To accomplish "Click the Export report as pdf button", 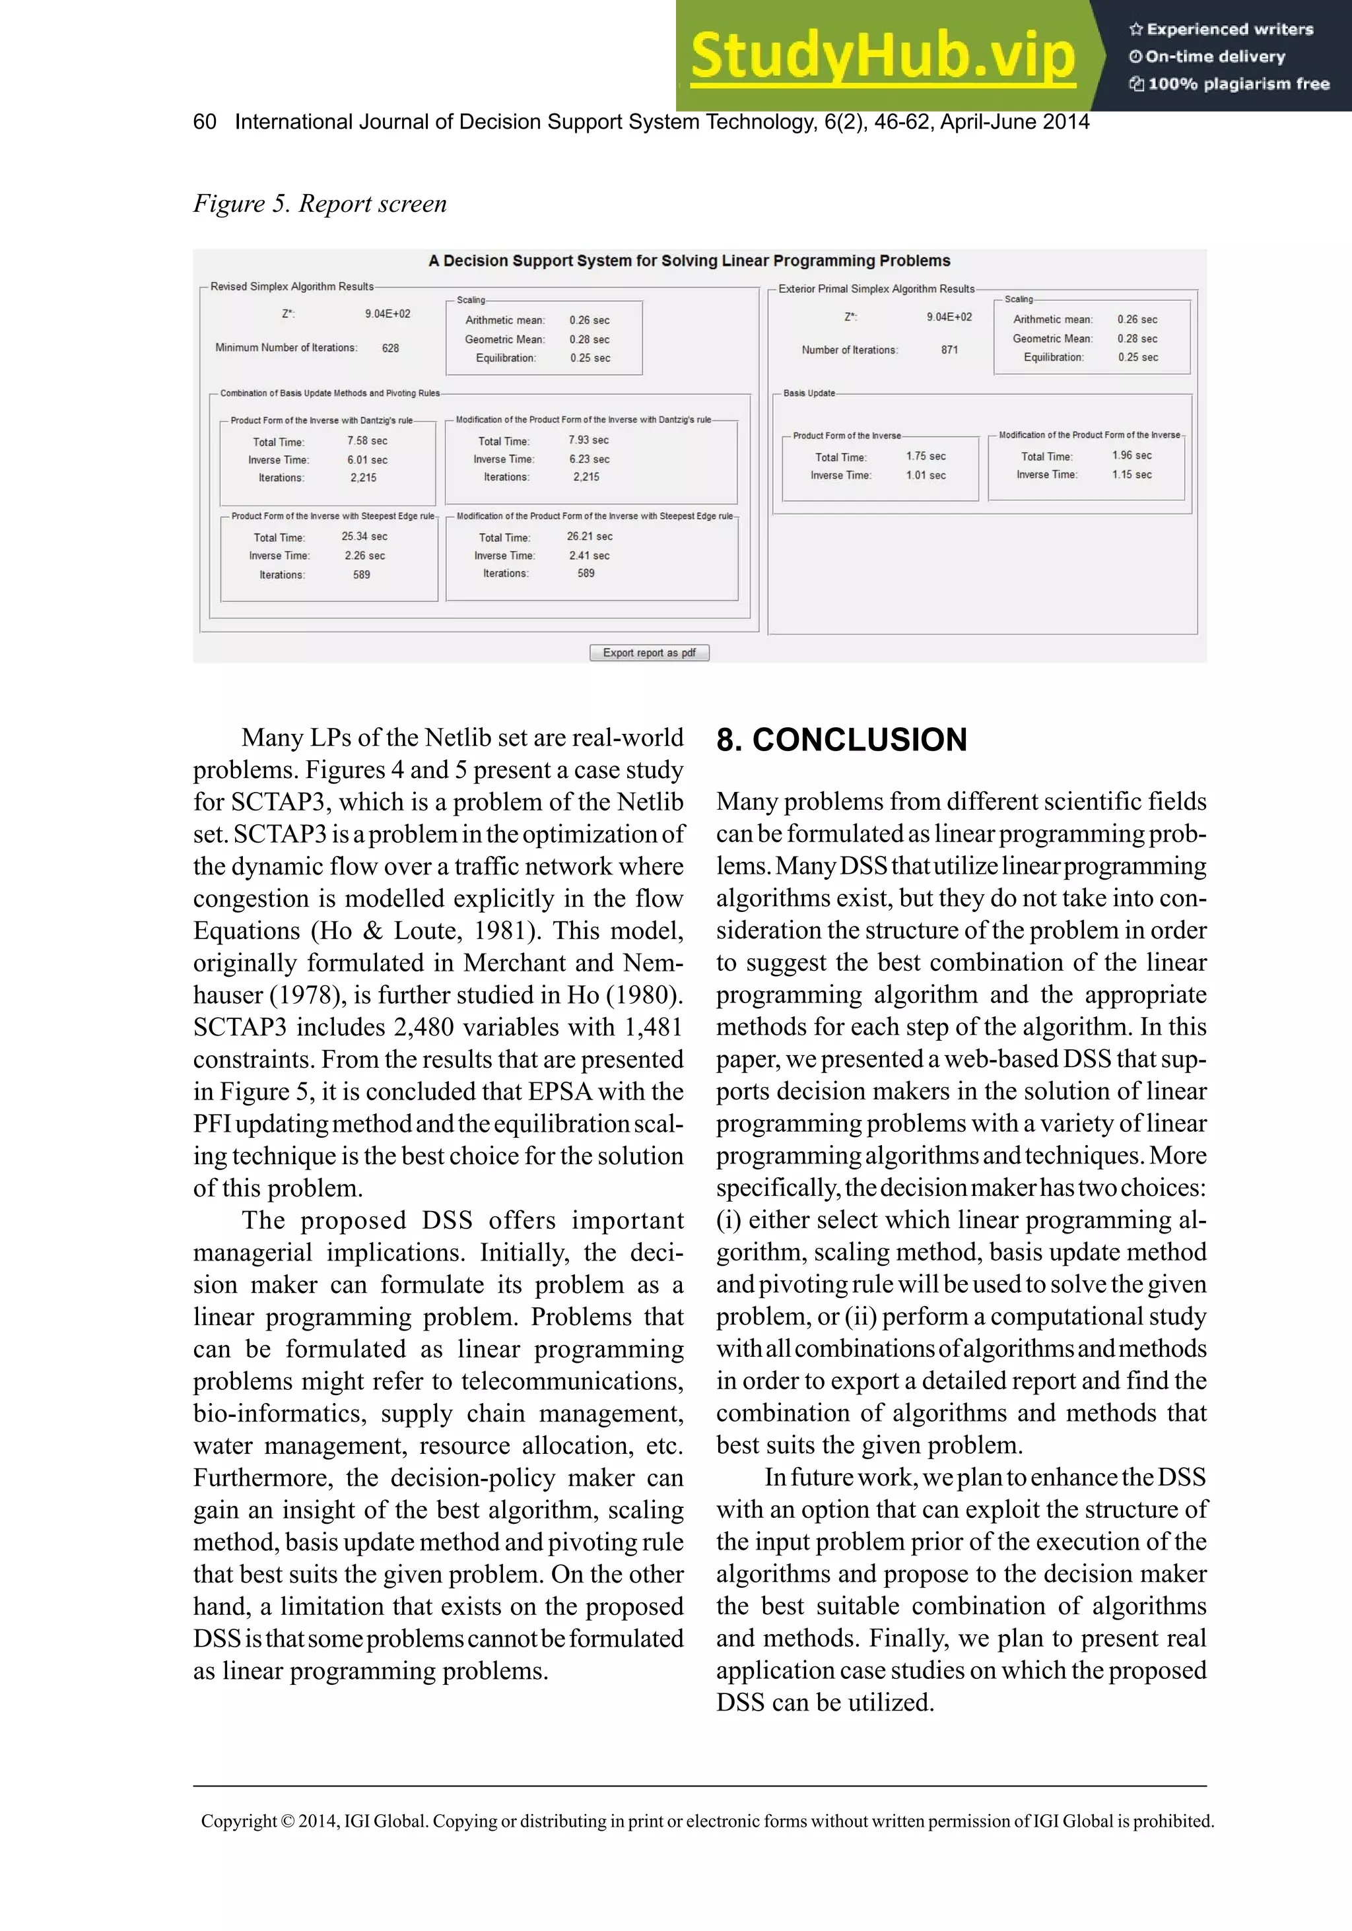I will click(x=649, y=653).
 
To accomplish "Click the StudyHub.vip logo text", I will click(x=883, y=55).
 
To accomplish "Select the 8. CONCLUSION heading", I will click(x=841, y=739).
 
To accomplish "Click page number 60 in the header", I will click(x=205, y=122).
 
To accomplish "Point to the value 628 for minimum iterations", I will click(x=390, y=348).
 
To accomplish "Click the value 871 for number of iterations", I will click(x=949, y=350).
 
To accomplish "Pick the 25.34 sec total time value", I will click(x=364, y=537).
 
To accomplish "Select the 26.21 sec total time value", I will click(x=589, y=537).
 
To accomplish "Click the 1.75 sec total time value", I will click(x=926, y=457).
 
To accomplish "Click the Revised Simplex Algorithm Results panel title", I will click(x=292, y=287).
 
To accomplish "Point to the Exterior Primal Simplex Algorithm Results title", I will click(x=876, y=289).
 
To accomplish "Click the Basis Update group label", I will click(x=809, y=393).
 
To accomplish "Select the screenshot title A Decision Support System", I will click(x=689, y=261).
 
